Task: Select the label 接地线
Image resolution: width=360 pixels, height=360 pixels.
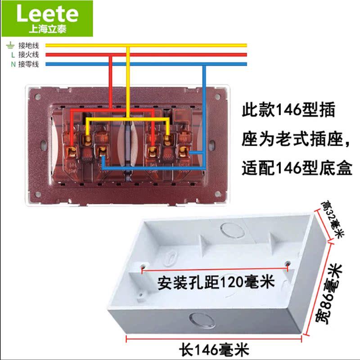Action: [28, 45]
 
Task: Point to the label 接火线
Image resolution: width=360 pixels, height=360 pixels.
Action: [28, 55]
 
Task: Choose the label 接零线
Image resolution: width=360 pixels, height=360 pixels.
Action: [28, 64]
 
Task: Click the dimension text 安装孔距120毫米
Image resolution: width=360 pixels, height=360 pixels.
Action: [216, 283]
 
